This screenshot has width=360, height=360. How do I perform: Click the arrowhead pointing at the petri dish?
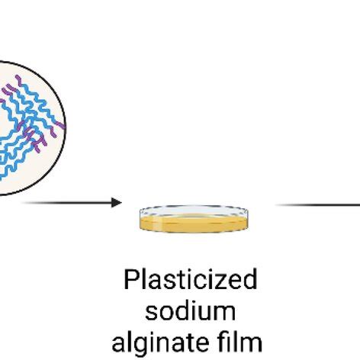click(116, 202)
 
